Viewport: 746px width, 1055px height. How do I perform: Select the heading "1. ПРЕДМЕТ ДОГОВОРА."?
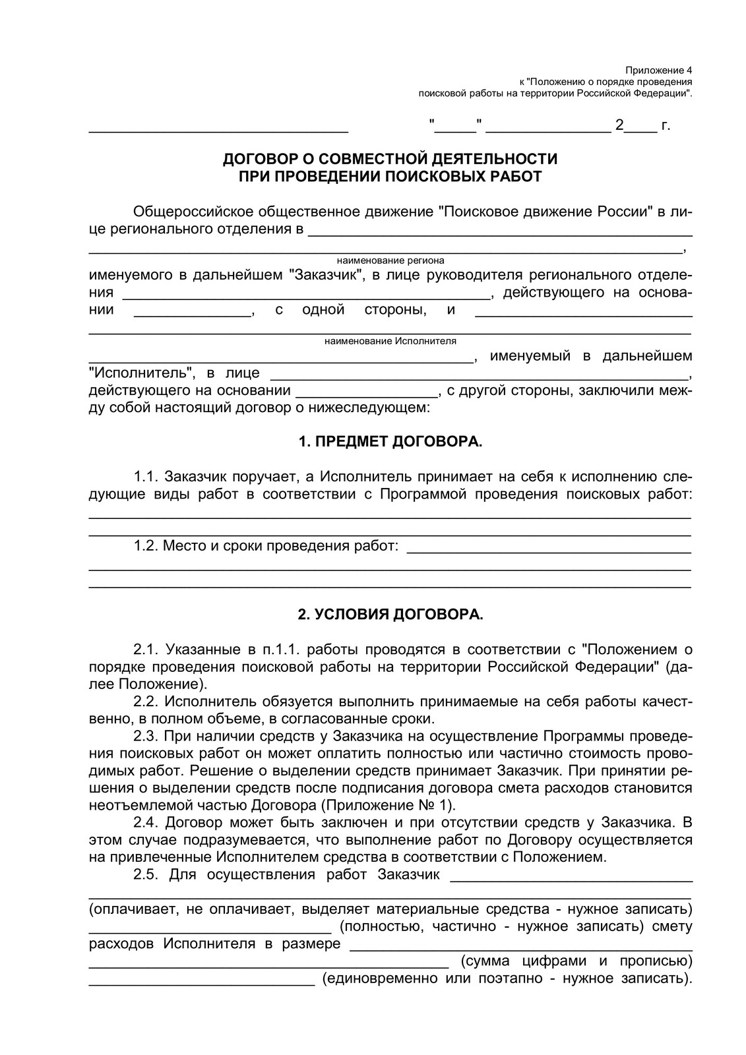[x=390, y=442]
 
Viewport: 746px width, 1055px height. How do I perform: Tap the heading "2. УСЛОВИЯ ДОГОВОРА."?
[x=390, y=615]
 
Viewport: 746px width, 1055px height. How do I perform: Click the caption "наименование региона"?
[x=390, y=260]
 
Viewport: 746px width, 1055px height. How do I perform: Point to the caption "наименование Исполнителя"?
[x=390, y=342]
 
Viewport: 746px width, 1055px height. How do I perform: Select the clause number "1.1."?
[x=146, y=477]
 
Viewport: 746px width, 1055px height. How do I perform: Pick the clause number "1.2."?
[x=146, y=546]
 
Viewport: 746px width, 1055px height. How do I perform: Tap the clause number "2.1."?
[x=146, y=650]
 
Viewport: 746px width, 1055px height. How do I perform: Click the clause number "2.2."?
[x=146, y=702]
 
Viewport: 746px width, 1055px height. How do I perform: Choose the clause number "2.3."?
[x=146, y=736]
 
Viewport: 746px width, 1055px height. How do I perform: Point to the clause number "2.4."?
[x=146, y=823]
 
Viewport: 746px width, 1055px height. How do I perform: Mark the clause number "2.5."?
[x=146, y=875]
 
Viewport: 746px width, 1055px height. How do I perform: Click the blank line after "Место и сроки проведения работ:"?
[x=549, y=549]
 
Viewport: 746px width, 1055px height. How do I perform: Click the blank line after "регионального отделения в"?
[x=500, y=232]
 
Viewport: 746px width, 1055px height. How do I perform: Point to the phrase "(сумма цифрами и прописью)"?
[x=576, y=960]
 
